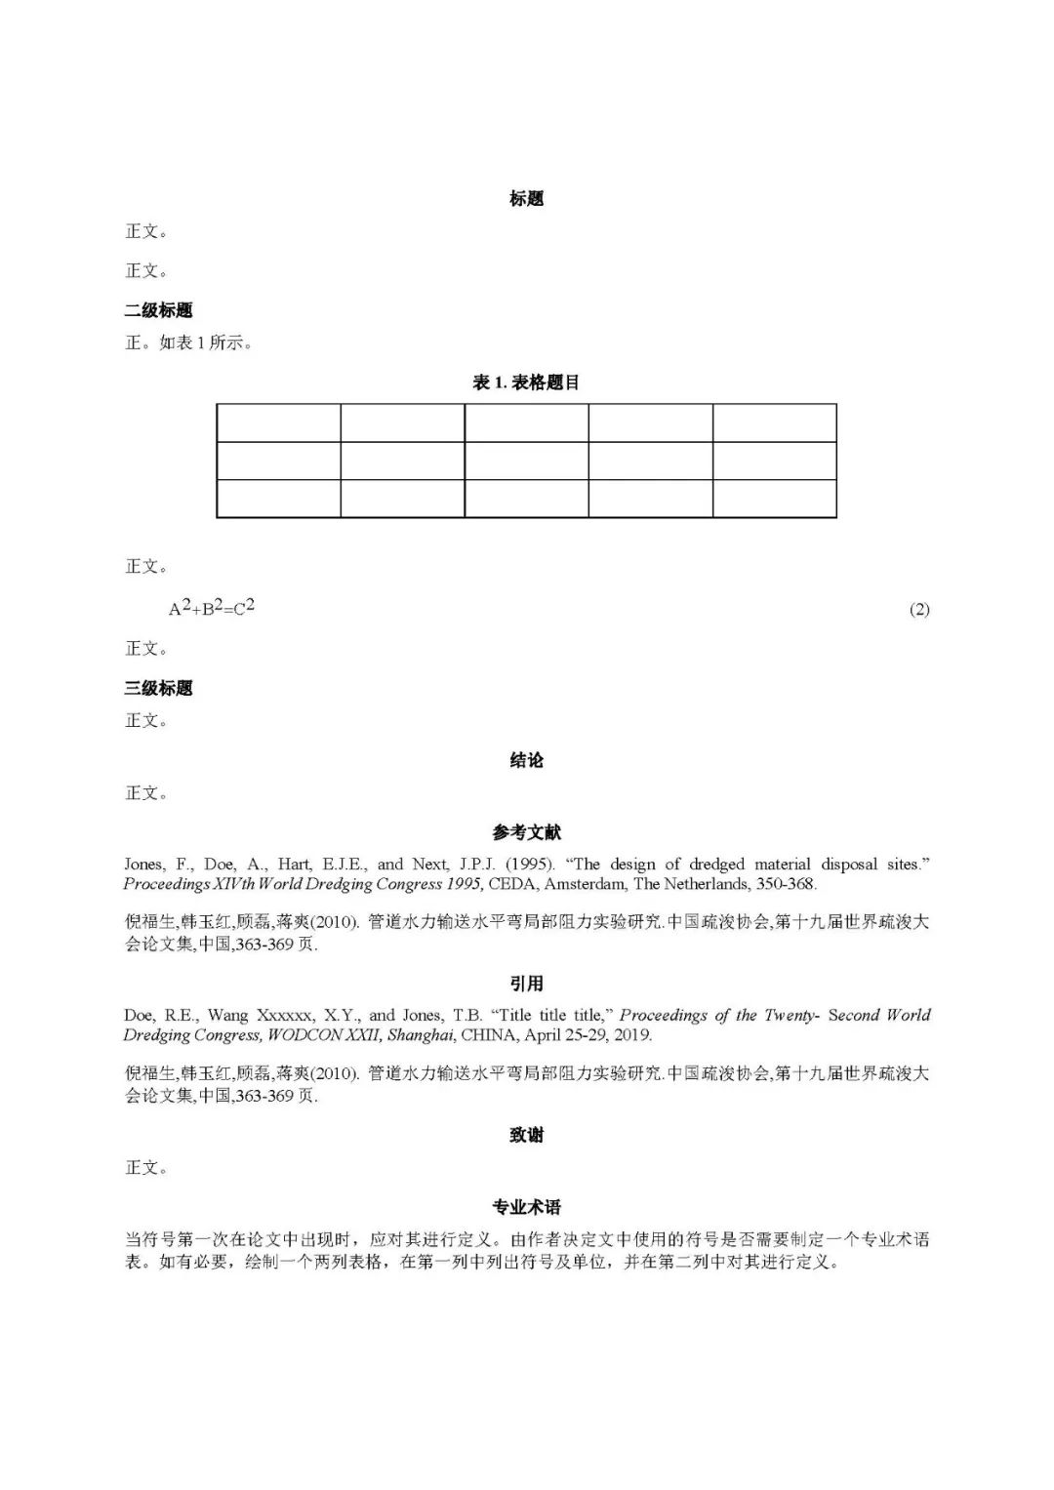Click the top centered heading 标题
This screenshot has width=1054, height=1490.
pyautogui.click(x=526, y=199)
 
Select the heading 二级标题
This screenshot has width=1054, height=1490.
pyautogui.click(x=158, y=310)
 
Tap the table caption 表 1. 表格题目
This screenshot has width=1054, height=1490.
pyautogui.click(x=526, y=383)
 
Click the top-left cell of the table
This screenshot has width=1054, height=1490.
pyautogui.click(x=278, y=423)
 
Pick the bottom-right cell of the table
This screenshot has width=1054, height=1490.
pyautogui.click(x=774, y=499)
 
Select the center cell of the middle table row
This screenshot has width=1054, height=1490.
pyautogui.click(x=526, y=461)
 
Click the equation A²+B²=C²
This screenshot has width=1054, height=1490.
pyautogui.click(x=211, y=608)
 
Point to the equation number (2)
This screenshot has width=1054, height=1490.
pyautogui.click(x=918, y=610)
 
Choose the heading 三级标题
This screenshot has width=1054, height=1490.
pyautogui.click(x=158, y=688)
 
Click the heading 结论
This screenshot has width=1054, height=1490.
pyautogui.click(x=526, y=760)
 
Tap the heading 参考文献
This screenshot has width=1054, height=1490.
pyautogui.click(x=526, y=832)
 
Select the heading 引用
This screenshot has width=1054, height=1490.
pyautogui.click(x=526, y=984)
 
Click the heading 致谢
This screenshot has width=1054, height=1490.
pyautogui.click(x=526, y=1135)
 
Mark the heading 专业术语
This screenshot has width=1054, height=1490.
pyautogui.click(x=526, y=1207)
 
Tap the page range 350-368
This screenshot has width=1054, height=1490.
pyautogui.click(x=786, y=884)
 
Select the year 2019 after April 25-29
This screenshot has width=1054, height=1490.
pyautogui.click(x=632, y=1035)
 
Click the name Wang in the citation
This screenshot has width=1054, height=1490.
pyautogui.click(x=227, y=1016)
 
